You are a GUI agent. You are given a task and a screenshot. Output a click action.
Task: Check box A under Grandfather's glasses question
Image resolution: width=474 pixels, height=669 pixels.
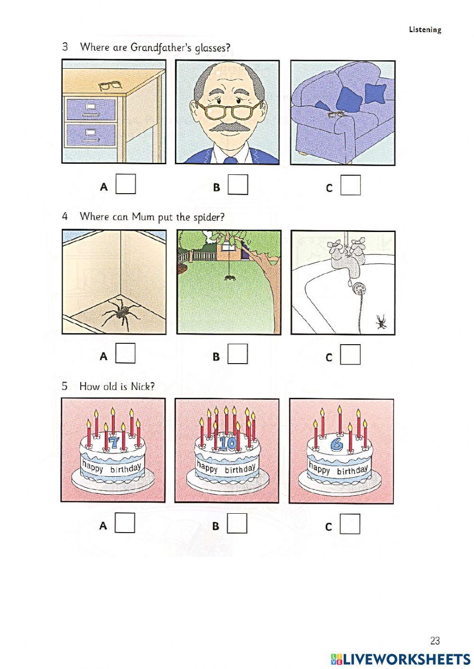(126, 184)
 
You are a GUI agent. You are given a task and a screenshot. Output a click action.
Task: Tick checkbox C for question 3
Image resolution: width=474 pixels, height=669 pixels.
(350, 185)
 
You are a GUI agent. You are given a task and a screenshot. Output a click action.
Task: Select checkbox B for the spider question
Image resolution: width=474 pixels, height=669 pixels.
(237, 354)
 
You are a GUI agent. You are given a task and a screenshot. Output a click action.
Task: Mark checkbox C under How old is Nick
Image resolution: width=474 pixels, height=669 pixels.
(350, 524)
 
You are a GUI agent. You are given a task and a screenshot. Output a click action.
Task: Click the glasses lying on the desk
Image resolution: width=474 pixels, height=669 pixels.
(110, 86)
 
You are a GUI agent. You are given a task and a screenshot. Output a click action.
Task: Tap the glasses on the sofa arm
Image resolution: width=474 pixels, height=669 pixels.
(336, 115)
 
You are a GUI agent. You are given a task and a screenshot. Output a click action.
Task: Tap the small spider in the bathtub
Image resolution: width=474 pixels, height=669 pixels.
(381, 323)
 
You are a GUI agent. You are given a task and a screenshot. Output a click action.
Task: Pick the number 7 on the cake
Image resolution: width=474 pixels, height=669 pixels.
(113, 443)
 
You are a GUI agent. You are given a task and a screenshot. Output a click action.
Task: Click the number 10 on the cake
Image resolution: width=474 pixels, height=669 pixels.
(228, 444)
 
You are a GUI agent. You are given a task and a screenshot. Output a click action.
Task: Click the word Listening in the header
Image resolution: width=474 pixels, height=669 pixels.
(425, 30)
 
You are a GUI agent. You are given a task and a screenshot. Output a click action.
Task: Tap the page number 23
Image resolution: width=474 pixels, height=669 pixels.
(435, 641)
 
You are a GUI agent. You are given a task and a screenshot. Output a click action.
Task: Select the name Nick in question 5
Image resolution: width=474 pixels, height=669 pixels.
(142, 386)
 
